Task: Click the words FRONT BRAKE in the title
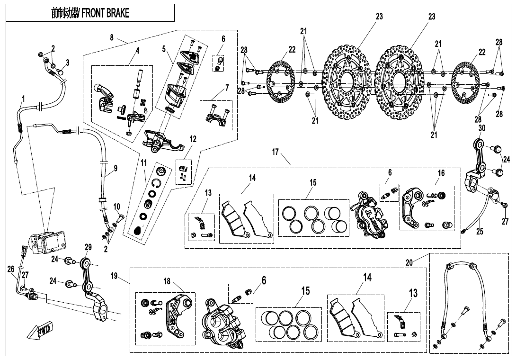[x=105, y=14]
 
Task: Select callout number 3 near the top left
[x=68, y=62]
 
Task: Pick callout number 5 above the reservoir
[x=164, y=49]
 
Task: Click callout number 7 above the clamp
[x=227, y=88]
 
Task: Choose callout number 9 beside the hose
[x=116, y=168]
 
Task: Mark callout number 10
[x=116, y=207]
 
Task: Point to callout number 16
[x=441, y=173]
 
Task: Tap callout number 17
[x=276, y=153]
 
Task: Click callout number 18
[x=167, y=281]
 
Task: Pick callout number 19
[x=115, y=276]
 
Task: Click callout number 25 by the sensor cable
[x=480, y=232]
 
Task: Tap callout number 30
[x=482, y=129]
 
